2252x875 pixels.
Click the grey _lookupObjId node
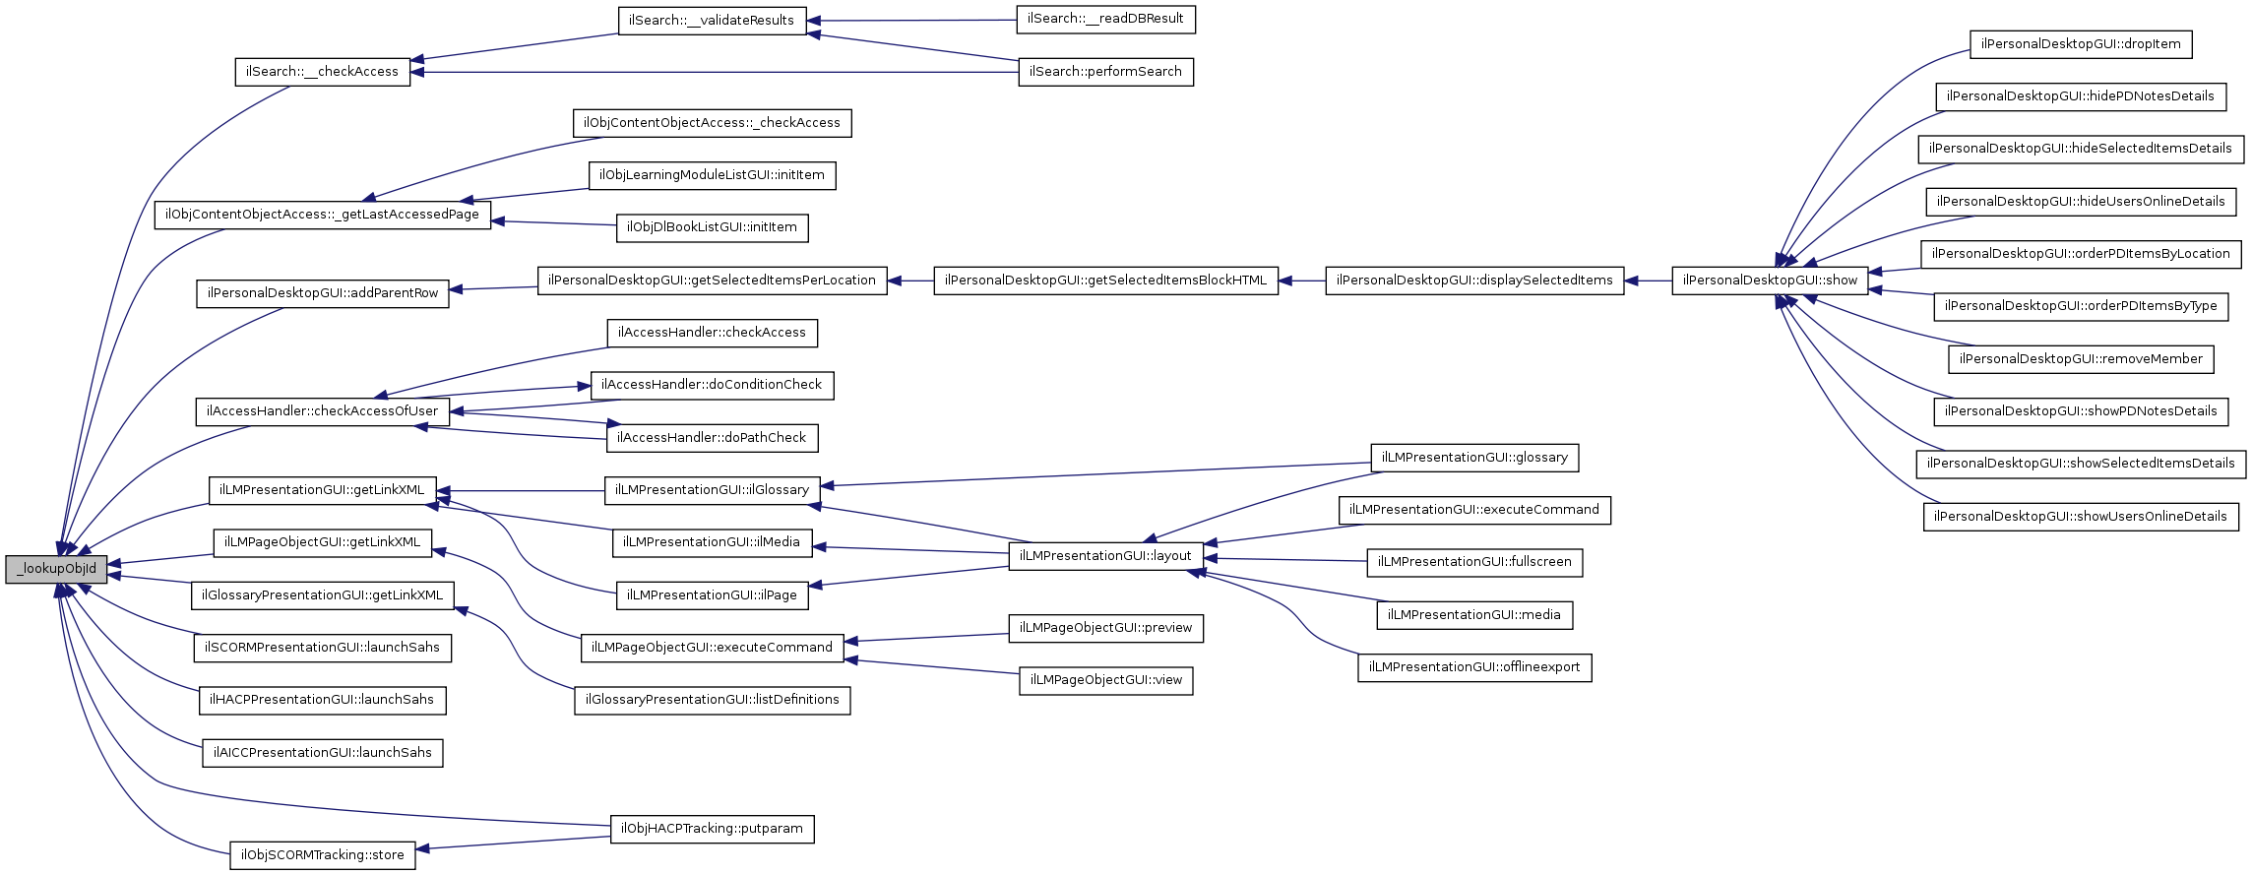tap(56, 569)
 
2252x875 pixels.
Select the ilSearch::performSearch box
tap(1105, 72)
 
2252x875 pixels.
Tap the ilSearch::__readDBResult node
tap(1105, 19)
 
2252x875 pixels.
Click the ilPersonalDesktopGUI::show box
tap(1770, 281)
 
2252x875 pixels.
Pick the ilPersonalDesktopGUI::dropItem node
tap(2081, 44)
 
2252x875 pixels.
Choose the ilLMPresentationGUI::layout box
tap(1105, 556)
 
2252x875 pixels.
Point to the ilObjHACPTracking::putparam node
tap(712, 829)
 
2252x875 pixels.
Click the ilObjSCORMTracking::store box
tap(322, 855)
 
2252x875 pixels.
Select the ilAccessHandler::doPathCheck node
tap(712, 438)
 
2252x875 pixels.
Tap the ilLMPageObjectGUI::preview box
tap(1105, 628)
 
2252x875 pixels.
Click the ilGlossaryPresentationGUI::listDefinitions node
tap(712, 700)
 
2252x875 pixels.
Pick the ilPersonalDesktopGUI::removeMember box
tap(2081, 359)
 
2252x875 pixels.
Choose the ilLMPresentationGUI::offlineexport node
tap(1473, 667)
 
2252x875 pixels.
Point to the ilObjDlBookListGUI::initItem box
tap(712, 227)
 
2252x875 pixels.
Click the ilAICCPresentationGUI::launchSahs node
tap(322, 753)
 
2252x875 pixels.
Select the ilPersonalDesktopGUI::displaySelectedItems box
tap(1473, 281)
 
